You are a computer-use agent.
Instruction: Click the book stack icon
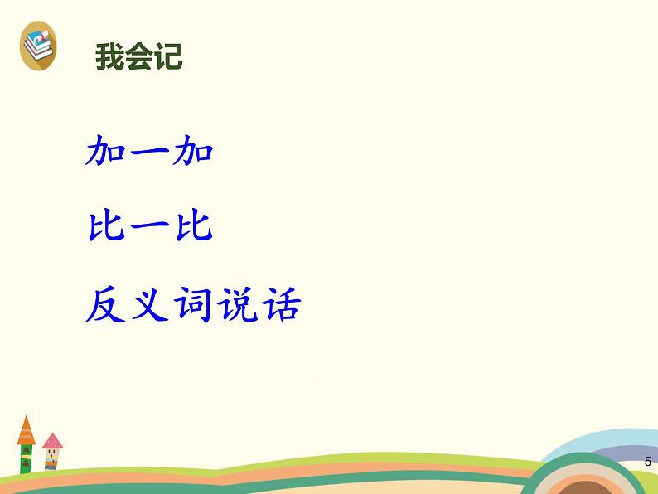coord(38,46)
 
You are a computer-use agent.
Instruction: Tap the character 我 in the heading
coord(110,56)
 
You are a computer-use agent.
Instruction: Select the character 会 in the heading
coord(139,56)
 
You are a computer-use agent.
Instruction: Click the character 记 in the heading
coord(169,56)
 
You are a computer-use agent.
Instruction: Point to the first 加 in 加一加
coord(105,150)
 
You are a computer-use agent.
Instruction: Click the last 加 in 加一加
coord(192,150)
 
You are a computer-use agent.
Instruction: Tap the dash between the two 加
coord(149,150)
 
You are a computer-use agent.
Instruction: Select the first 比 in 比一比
coord(107,226)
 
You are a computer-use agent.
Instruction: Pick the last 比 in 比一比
coord(194,226)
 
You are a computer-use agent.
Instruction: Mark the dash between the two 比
coord(150,225)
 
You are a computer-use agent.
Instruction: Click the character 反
coord(105,304)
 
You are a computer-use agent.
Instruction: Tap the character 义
coord(150,304)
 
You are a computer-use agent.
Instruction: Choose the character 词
coord(193,304)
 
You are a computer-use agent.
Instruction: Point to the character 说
coord(237,304)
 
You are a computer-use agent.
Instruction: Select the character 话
coord(281,304)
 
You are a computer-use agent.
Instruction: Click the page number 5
coord(648,462)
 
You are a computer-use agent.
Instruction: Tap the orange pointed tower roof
coord(26,431)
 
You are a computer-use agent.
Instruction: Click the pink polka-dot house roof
coord(52,441)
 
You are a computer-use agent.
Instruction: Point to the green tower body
coord(26,458)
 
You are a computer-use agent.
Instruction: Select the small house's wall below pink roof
coord(52,458)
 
